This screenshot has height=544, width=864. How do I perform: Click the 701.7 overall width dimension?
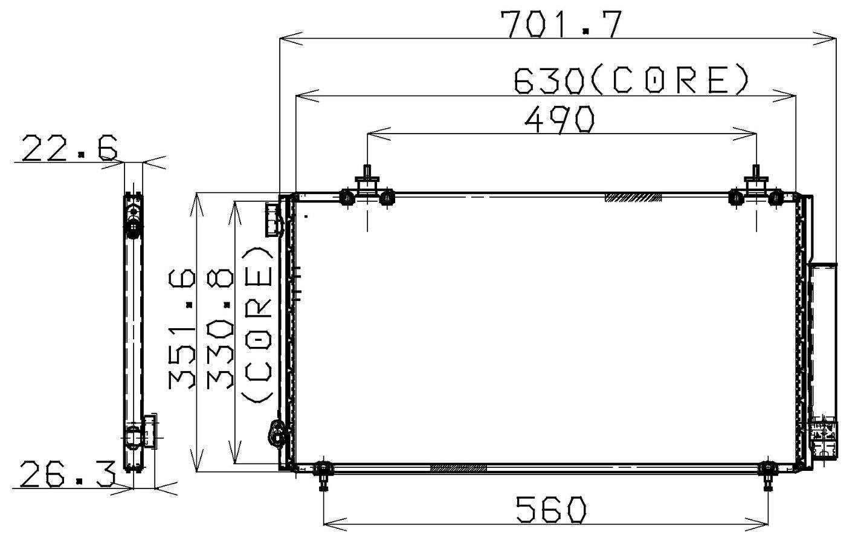pos(560,24)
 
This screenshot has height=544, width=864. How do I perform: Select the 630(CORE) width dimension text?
pos(631,81)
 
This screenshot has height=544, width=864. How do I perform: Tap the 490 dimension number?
pos(560,119)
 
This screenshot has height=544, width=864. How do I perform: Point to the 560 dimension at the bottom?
pos(550,510)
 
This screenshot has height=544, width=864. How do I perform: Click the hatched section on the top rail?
pos(633,197)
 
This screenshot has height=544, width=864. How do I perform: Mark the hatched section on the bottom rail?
pos(457,468)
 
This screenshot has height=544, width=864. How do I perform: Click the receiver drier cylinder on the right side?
pos(823,338)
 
